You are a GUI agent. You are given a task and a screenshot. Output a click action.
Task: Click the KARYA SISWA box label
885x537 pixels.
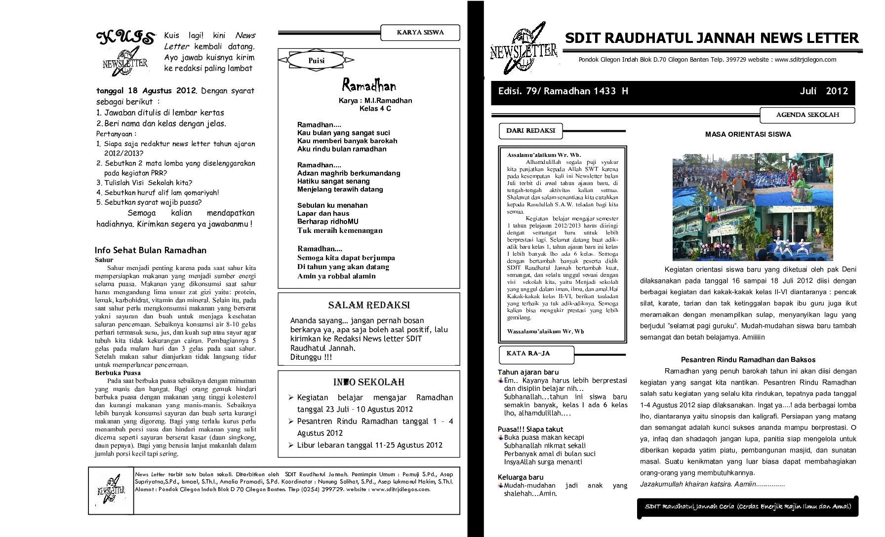pos(420,33)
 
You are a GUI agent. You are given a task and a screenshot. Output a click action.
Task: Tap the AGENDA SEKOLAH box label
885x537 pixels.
pos(807,115)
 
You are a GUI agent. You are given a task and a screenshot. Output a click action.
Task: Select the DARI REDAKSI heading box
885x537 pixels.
pos(530,131)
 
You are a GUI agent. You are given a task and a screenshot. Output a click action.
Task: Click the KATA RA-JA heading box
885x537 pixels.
pos(536,353)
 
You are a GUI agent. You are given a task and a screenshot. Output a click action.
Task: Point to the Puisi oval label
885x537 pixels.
pos(316,60)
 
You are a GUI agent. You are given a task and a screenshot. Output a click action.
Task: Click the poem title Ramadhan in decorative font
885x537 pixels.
pos(369,86)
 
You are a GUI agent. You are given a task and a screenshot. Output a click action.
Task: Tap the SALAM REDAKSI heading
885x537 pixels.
pos(369,305)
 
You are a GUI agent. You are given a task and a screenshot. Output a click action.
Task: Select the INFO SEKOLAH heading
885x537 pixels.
pos(369,382)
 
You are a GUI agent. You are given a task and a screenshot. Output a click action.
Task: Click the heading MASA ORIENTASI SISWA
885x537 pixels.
pos(748,134)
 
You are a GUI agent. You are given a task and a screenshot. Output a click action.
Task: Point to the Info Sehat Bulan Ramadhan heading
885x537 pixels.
pos(151,250)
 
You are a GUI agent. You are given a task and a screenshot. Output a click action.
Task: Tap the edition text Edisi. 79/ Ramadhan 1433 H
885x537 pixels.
pos(563,91)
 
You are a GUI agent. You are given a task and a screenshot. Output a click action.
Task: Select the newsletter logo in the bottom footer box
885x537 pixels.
pos(111,490)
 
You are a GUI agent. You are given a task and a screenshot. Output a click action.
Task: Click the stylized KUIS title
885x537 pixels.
pos(125,38)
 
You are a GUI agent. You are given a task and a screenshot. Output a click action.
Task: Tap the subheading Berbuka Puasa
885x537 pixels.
pos(118,373)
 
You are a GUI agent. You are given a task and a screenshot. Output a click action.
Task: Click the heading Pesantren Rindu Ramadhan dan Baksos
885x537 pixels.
pos(748,360)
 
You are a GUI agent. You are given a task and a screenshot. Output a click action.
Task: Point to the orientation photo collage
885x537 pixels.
pos(752,207)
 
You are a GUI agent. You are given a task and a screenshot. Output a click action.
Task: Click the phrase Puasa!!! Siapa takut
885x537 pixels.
pos(530,429)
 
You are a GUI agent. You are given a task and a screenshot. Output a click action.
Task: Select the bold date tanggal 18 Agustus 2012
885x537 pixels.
pos(147,91)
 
